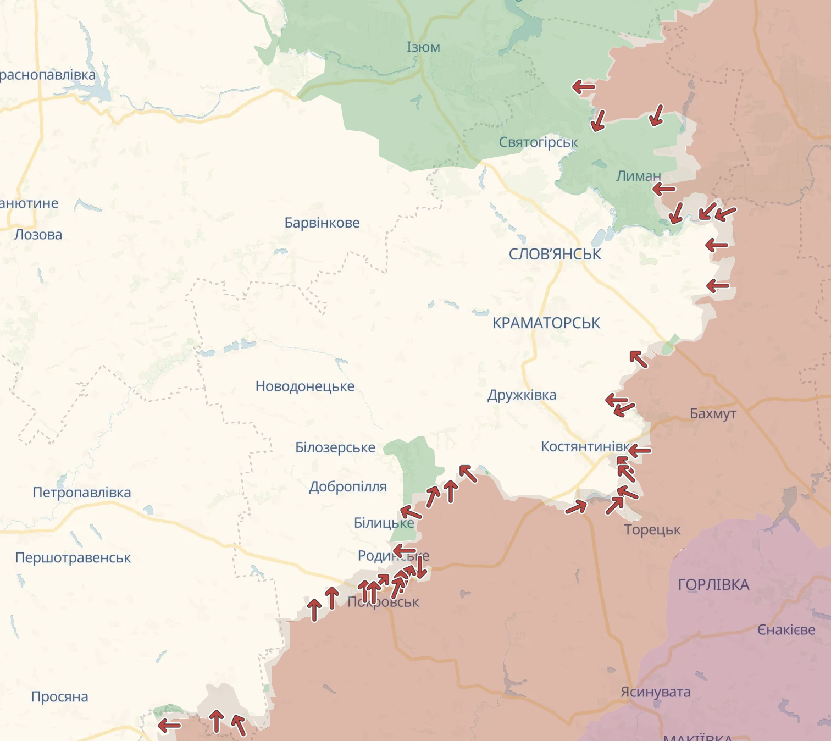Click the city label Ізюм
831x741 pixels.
(423, 47)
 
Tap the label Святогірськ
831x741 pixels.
(538, 142)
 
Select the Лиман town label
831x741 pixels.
(638, 176)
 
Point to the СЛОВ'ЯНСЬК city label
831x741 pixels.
(555, 254)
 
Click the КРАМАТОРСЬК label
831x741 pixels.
(546, 323)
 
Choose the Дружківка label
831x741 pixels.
(522, 395)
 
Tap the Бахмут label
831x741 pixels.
(713, 413)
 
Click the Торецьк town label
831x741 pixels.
(652, 530)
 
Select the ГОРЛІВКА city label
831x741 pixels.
(713, 585)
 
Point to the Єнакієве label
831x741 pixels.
(786, 630)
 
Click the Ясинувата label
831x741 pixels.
(655, 692)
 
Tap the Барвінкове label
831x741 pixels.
(322, 223)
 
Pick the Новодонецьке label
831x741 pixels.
(305, 386)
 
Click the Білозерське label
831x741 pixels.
(335, 447)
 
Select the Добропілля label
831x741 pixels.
(348, 487)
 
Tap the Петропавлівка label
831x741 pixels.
(82, 493)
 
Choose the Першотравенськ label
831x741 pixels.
(73, 558)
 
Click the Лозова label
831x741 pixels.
(38, 235)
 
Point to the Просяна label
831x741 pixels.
(59, 697)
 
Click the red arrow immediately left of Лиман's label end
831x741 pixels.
(664, 189)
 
